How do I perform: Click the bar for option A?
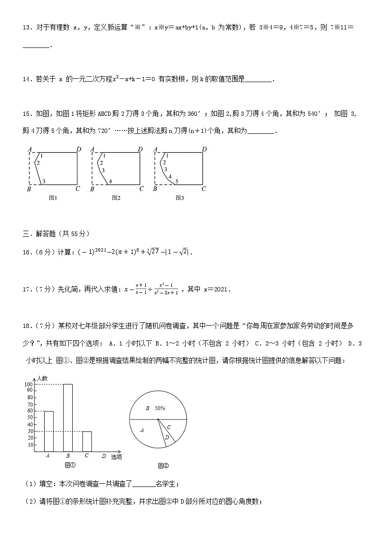tap(48, 431)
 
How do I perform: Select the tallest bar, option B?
tap(67, 418)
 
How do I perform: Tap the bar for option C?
tap(86, 441)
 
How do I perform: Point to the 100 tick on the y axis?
tap(29, 384)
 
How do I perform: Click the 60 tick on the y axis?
tap(30, 411)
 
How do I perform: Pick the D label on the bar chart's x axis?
tap(104, 456)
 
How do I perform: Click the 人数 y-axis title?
tap(41, 378)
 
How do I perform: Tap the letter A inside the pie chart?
tap(142, 430)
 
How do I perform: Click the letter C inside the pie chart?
tap(169, 427)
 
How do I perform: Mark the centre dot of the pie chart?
tap(158, 420)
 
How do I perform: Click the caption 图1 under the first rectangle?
tap(53, 198)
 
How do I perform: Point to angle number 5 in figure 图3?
tap(176, 181)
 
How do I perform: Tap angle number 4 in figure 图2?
tap(110, 181)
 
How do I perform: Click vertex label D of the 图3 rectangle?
tap(204, 150)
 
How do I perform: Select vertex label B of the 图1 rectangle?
tap(29, 189)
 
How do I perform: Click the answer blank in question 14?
tap(259, 80)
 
